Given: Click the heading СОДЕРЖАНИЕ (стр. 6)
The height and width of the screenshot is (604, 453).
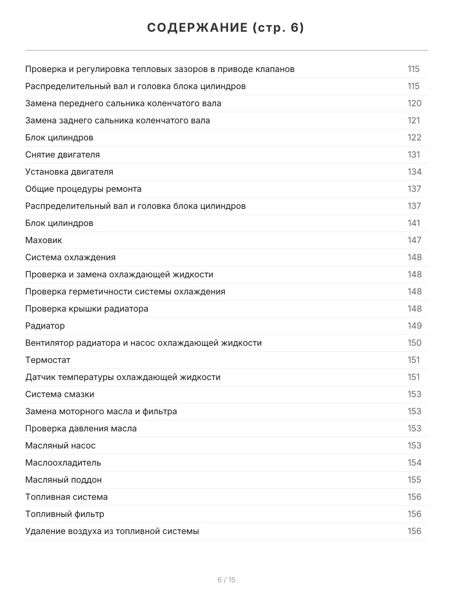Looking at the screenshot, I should tap(226, 28).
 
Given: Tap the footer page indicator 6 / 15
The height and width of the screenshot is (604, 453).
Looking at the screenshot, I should tap(226, 580).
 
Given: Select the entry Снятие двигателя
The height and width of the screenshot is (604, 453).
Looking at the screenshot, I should tap(62, 155).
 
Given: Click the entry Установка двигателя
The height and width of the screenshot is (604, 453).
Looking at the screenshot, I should tap(69, 172).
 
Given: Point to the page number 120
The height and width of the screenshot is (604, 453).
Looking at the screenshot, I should tap(414, 103).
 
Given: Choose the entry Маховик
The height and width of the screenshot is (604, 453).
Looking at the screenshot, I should tap(44, 240).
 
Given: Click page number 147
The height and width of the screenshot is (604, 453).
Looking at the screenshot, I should tap(414, 240).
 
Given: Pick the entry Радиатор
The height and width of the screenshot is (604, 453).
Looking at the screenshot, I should tap(45, 326).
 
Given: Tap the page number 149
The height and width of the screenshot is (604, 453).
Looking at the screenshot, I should tap(414, 326).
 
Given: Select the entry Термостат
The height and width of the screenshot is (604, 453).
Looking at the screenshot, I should tap(48, 360).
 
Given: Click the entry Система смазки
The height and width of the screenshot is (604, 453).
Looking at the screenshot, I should tap(59, 394).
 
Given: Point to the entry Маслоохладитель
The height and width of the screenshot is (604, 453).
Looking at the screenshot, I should tap(63, 463).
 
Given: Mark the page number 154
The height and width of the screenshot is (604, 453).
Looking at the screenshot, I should tap(414, 463).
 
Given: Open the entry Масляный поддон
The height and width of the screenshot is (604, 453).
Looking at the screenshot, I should tap(63, 480).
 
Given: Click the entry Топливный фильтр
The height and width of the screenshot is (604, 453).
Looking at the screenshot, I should tap(64, 514).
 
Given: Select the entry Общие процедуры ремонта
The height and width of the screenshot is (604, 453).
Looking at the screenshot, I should tap(83, 189).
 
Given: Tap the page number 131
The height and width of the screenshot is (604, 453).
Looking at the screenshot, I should tap(413, 155).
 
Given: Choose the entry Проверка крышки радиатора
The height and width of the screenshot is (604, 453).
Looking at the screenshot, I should tap(87, 309).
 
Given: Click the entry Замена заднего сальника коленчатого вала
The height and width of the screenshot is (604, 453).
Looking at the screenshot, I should tap(117, 120).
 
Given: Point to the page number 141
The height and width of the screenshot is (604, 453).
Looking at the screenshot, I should tap(413, 223).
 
